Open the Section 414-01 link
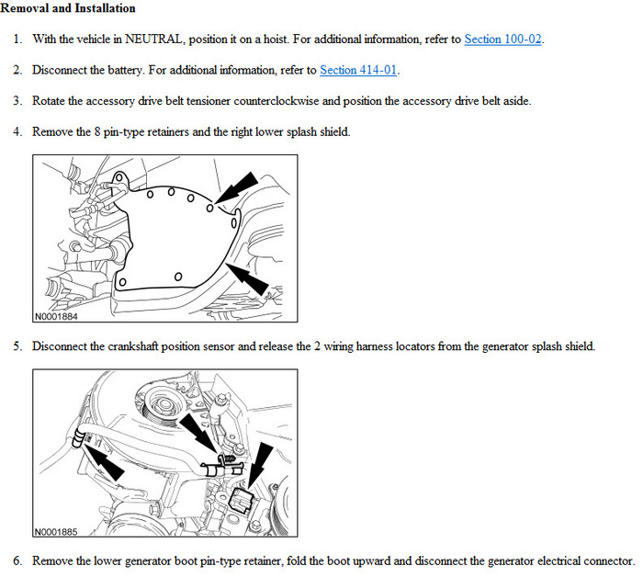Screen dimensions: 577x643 pos(359,70)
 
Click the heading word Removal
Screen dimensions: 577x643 pos(26,8)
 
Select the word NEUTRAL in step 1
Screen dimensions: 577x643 pos(135,40)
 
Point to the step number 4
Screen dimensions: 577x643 pos(17,131)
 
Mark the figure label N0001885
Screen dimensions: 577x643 pos(56,532)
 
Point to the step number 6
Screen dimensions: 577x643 pos(17,560)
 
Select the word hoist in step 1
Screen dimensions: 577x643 pos(267,40)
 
